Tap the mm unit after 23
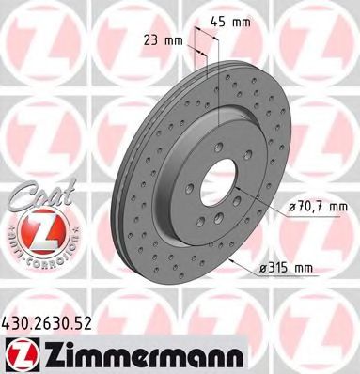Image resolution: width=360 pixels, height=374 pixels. pos(175,41)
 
